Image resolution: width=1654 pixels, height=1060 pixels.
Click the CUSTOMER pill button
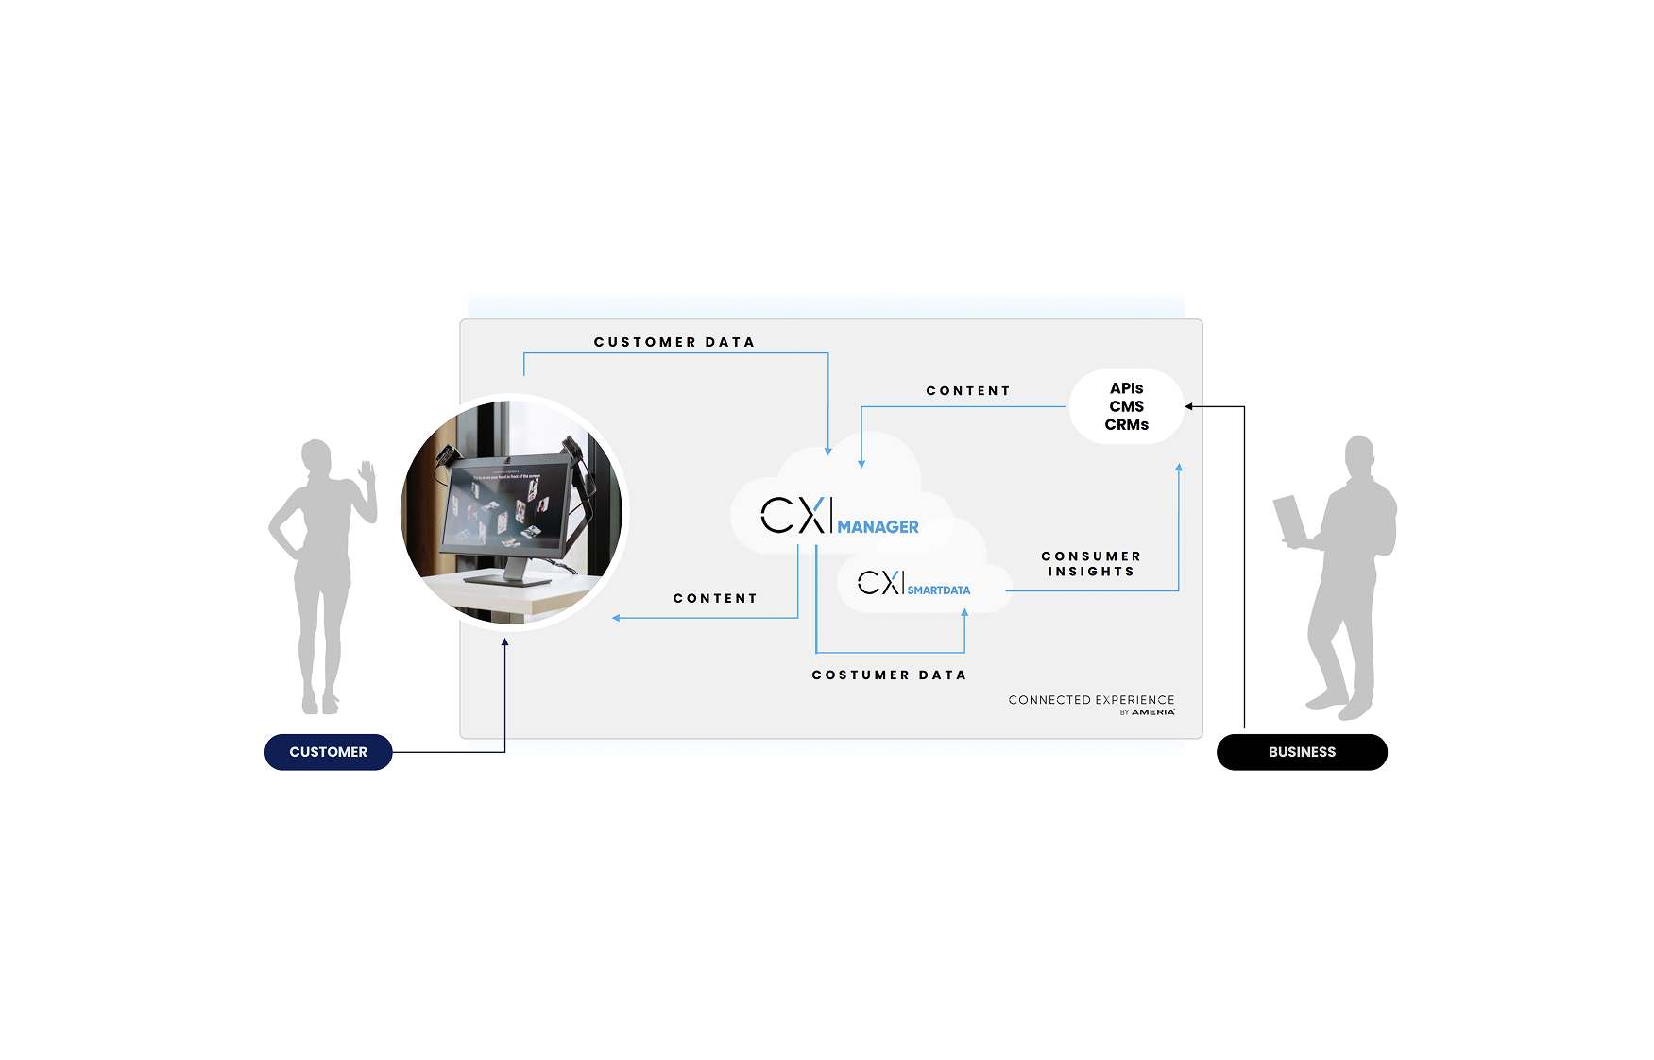328,752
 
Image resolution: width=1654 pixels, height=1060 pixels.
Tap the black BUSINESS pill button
1301,752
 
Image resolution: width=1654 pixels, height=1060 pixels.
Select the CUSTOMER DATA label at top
674,342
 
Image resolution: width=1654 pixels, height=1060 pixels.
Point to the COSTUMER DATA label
889,675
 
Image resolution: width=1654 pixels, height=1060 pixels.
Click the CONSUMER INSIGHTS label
1091,564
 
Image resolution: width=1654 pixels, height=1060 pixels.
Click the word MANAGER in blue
878,527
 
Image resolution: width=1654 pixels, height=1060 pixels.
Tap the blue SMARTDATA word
938,590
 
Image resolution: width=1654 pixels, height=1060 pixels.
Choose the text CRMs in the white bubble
1126,425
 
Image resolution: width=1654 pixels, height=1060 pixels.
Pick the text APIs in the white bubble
1126,388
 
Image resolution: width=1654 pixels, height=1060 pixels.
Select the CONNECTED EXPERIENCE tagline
1091,700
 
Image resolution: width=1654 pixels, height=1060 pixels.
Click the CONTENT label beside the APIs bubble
967,391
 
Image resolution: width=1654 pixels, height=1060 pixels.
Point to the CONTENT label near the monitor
715,598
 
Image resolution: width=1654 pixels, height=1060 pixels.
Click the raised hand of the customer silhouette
367,471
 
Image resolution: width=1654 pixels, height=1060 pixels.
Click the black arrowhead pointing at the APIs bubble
1189,407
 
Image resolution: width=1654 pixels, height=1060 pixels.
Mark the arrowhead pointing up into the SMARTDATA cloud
964,613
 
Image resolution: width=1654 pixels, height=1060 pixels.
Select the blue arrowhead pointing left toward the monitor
616,618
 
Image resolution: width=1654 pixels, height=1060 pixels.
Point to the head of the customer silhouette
316,456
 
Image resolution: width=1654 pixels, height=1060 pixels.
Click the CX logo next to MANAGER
793,516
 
